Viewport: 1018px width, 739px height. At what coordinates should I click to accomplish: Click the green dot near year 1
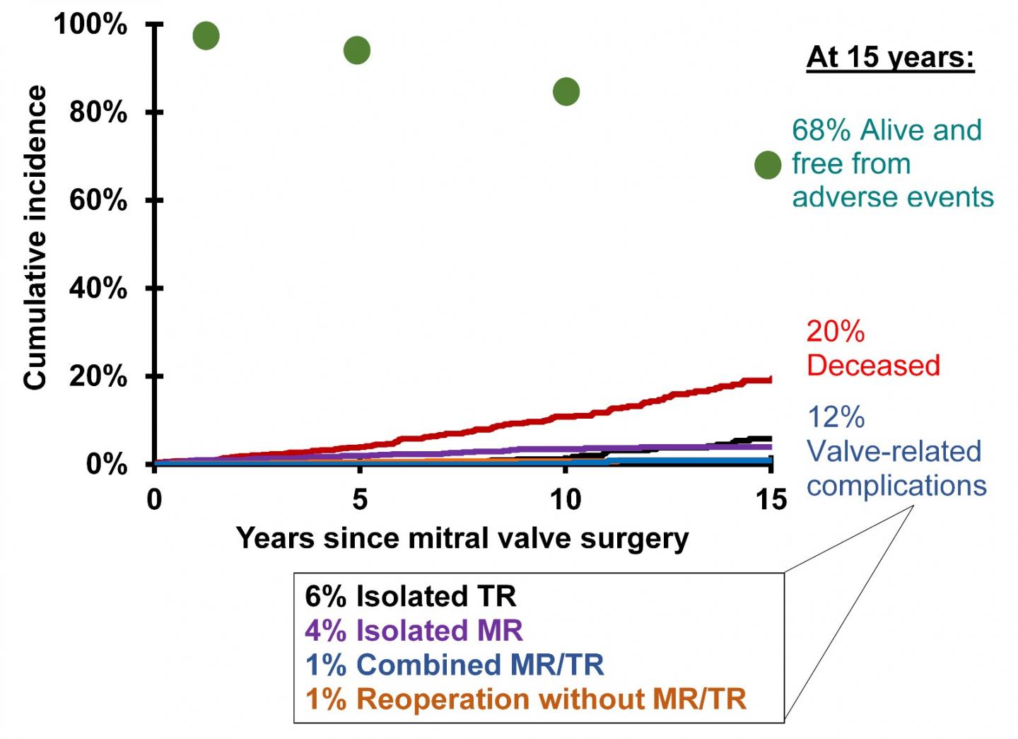click(206, 35)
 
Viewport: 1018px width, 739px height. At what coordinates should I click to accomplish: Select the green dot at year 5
click(357, 50)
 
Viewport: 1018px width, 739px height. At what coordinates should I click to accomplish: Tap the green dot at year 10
click(566, 91)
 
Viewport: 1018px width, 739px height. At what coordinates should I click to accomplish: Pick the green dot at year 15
click(768, 165)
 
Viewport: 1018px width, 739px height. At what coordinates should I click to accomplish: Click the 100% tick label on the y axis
click(90, 25)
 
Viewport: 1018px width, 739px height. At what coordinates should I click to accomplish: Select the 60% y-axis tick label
click(98, 200)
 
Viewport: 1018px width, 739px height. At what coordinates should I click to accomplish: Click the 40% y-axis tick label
click(98, 288)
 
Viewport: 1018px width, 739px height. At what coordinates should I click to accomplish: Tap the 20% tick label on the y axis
click(98, 376)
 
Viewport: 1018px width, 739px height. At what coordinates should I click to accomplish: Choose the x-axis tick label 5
click(360, 499)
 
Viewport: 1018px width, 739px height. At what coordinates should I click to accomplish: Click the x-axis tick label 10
click(566, 499)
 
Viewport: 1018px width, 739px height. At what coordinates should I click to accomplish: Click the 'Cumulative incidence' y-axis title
click(35, 238)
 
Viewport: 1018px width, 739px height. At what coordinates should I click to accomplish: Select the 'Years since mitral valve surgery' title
click(462, 538)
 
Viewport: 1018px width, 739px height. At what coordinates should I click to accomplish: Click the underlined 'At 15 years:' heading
click(890, 57)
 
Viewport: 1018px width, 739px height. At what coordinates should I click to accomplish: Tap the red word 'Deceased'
click(873, 365)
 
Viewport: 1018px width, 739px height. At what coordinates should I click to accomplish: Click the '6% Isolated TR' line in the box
click(411, 596)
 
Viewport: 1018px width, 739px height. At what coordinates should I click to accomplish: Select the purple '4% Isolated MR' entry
click(414, 630)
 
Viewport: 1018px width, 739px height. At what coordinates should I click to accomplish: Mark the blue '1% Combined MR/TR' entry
click(455, 665)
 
